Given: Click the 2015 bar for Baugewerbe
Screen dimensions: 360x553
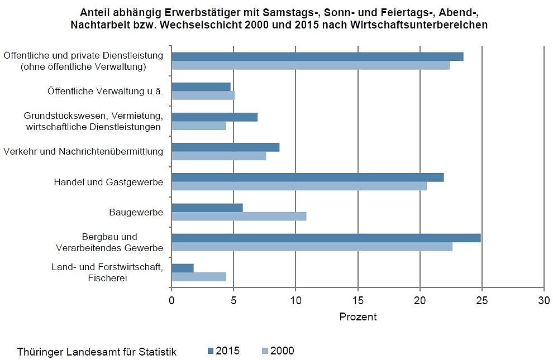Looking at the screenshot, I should (x=207, y=208).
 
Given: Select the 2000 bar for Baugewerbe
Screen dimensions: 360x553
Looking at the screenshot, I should (x=239, y=217).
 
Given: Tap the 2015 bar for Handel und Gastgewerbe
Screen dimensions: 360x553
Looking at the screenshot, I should (x=307, y=177).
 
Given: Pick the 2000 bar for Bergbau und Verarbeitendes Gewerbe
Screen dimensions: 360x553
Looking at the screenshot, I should (x=312, y=247).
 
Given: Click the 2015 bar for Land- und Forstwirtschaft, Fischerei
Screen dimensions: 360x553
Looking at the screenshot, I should (x=183, y=268).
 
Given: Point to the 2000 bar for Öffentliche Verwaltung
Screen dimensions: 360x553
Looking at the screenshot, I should (x=203, y=95).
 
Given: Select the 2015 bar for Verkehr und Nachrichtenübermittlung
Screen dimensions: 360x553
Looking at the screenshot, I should (x=225, y=147).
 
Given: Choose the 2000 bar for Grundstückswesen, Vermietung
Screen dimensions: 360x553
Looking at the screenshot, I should (x=199, y=126).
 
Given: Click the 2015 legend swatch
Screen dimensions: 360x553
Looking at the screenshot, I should (x=211, y=351).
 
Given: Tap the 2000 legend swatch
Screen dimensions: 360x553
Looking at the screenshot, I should (x=265, y=351).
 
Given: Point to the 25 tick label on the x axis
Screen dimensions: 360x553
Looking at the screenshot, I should (x=482, y=300).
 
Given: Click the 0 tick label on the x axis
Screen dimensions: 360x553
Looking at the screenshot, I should (x=171, y=300).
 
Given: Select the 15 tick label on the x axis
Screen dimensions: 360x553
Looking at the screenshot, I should (x=357, y=300).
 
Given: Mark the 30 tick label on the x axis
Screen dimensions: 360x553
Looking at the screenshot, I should (x=544, y=300).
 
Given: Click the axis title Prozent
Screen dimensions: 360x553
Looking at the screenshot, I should (x=357, y=317).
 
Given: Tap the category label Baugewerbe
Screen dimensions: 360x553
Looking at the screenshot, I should (x=136, y=212).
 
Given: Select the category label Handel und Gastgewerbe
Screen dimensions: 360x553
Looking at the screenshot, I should (x=108, y=182).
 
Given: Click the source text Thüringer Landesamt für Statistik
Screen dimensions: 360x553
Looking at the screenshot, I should (x=97, y=352).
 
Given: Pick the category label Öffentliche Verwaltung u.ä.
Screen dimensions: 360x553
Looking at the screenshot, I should (x=105, y=92).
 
